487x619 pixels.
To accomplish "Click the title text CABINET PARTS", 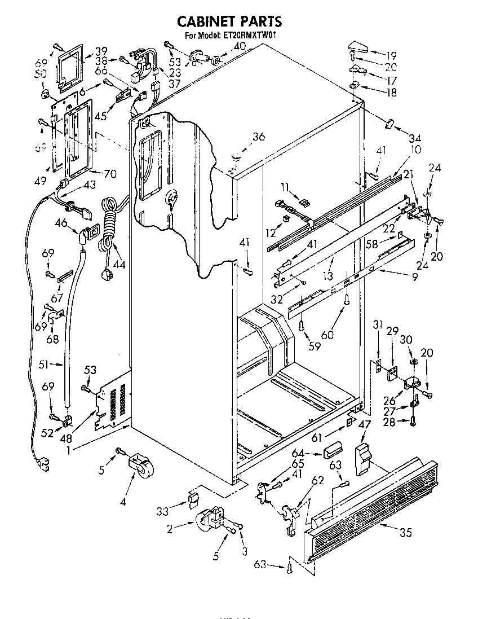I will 229,21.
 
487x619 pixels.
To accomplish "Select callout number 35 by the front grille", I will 405,532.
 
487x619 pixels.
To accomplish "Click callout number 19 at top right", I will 391,55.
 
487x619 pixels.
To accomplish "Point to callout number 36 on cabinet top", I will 258,137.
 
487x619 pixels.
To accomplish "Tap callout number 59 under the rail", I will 314,346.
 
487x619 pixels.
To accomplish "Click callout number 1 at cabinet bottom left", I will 69,450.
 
